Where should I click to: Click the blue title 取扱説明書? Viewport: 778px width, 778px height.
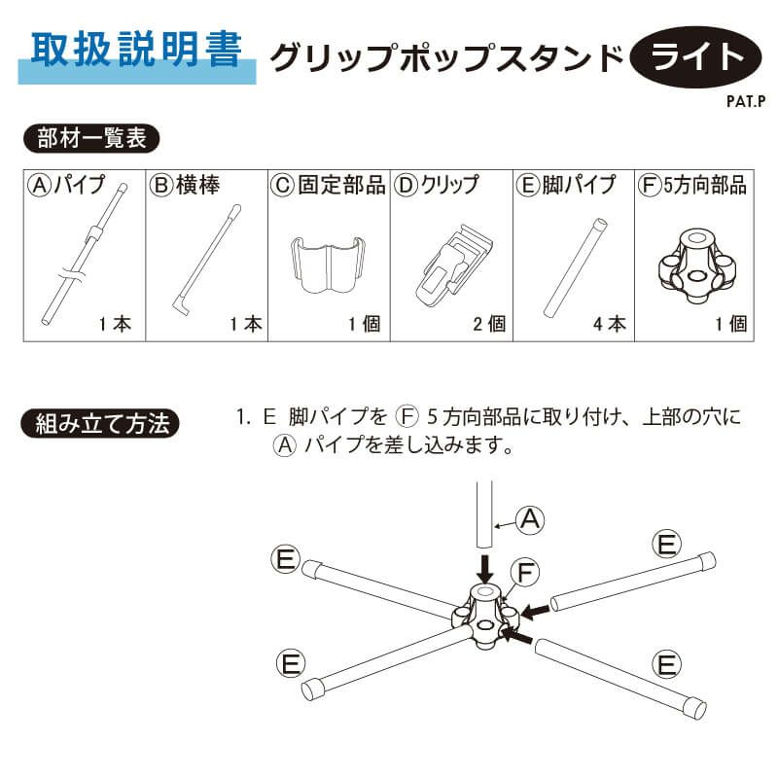136,50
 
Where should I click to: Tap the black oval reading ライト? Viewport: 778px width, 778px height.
695,57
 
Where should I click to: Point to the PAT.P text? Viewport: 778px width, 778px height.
746,101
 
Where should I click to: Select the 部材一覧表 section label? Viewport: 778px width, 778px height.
91,138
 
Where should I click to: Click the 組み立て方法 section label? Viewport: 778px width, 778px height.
100,424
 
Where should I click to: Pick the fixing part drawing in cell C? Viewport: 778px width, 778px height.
328,265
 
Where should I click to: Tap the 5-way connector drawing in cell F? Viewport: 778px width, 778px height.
697,265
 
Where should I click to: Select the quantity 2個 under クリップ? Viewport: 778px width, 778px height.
489,324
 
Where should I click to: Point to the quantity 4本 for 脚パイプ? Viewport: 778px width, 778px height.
610,324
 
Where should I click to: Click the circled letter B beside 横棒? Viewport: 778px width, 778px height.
161,185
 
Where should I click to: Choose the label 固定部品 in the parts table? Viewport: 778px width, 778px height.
341,185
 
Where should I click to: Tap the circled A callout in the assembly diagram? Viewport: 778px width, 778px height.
530,519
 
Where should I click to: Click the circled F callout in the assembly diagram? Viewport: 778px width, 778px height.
525,573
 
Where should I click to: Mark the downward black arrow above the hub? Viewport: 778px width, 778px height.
484,569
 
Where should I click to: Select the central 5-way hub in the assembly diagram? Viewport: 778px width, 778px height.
484,616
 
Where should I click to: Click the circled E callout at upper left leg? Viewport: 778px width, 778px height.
286,559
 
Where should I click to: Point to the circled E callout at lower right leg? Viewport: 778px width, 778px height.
667,664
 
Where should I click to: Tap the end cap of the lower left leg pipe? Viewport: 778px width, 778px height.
313,690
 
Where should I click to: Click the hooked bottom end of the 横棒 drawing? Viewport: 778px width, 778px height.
181,304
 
